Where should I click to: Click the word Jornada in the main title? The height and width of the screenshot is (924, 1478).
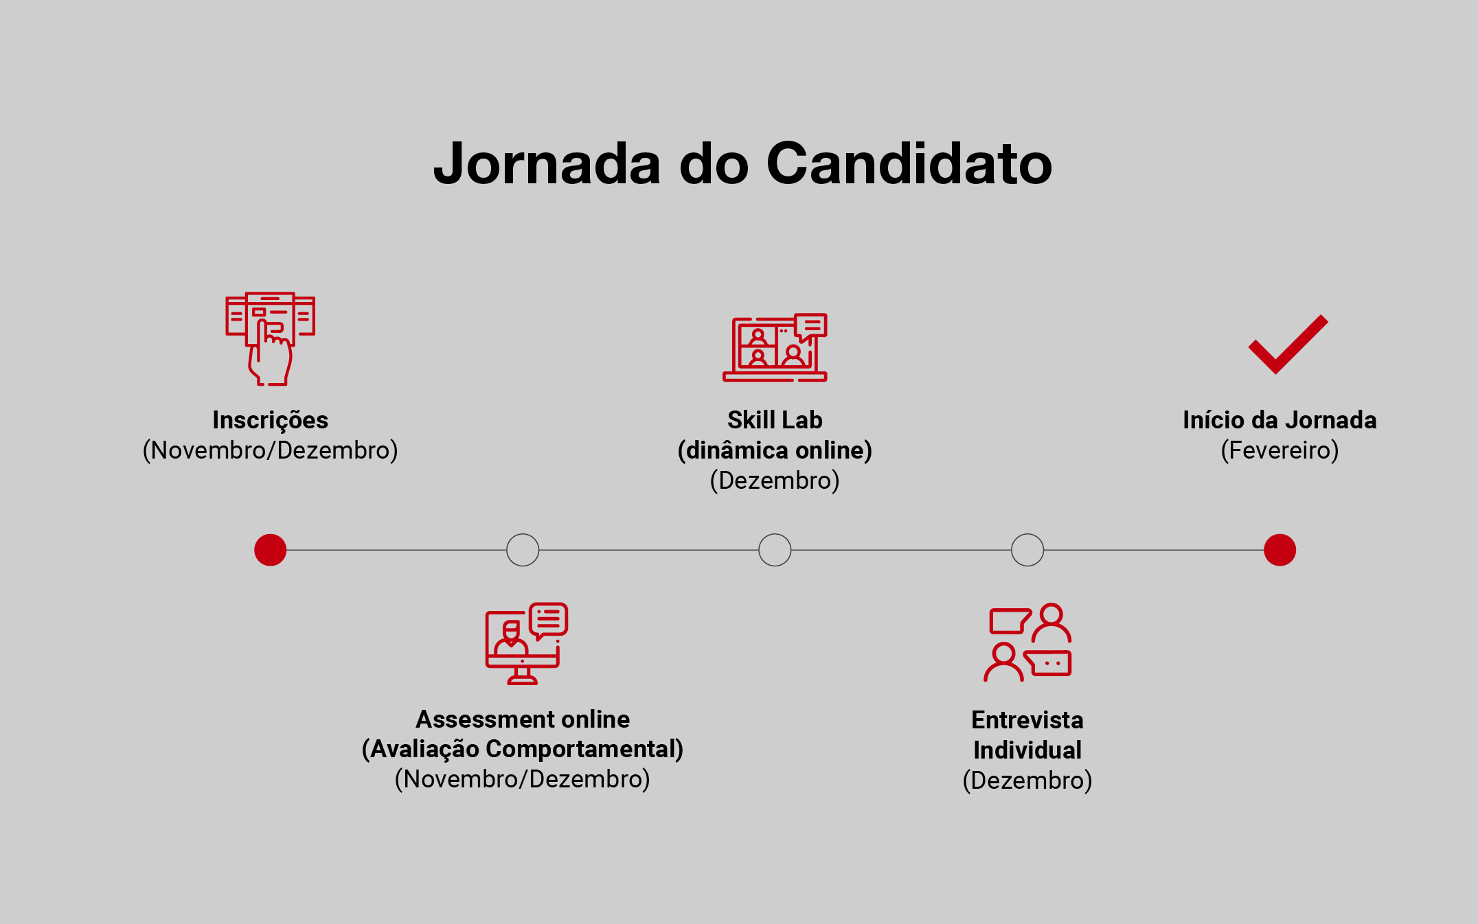[x=547, y=164]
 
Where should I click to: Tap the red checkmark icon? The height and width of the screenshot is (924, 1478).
[x=1287, y=345]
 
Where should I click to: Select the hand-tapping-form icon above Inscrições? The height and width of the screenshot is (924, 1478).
[x=270, y=338]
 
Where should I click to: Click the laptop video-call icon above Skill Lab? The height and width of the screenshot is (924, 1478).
[x=775, y=347]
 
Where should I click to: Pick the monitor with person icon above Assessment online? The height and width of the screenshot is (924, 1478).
[x=526, y=643]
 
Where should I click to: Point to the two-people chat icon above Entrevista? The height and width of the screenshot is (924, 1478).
[x=1027, y=643]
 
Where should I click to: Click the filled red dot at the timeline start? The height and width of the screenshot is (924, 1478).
[x=270, y=550]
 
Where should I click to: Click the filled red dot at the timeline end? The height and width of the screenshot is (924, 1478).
[x=1280, y=550]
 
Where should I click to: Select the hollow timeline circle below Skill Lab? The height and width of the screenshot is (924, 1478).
[x=775, y=550]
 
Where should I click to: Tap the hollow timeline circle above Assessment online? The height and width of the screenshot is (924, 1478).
[x=523, y=550]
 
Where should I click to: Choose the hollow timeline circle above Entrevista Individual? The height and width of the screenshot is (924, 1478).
[x=1027, y=550]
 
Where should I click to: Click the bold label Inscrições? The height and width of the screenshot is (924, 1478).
[x=270, y=420]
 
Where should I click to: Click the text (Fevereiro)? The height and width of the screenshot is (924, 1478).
[x=1280, y=450]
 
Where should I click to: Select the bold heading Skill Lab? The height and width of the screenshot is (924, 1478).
[x=775, y=420]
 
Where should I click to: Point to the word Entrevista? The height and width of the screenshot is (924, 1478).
[x=1027, y=720]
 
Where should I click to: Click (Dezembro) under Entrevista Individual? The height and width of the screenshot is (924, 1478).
[x=1027, y=781]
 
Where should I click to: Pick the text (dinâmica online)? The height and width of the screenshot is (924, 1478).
[x=775, y=450]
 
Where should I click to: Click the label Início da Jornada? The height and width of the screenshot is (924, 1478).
[x=1280, y=420]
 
